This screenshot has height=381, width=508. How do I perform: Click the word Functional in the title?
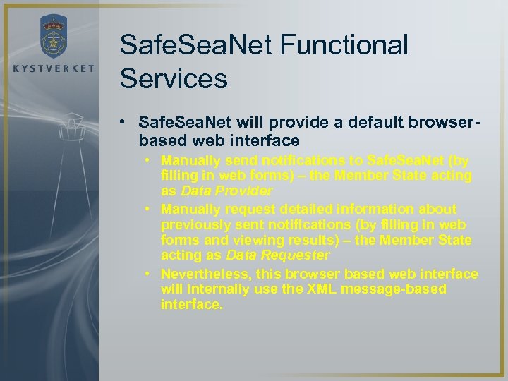point(346,44)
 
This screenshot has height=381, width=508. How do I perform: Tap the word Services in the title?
point(174,78)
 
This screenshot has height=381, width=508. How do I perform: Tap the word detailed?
point(303,209)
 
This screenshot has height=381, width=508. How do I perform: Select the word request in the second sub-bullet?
point(248,209)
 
